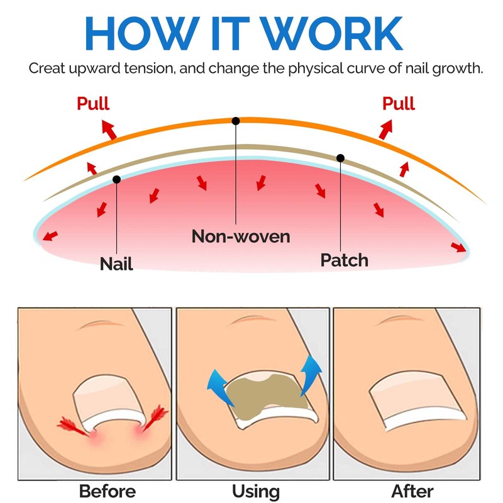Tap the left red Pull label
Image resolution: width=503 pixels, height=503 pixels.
(x=92, y=104)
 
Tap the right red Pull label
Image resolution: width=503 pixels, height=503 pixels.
(x=399, y=104)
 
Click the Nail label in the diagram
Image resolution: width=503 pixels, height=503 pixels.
(x=116, y=263)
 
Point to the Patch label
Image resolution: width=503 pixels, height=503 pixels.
(x=344, y=259)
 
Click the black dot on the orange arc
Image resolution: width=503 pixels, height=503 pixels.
(x=236, y=120)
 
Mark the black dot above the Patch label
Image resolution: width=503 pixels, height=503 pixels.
(x=340, y=158)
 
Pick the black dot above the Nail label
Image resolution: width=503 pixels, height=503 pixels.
(x=116, y=180)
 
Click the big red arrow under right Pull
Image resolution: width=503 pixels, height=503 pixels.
(x=385, y=130)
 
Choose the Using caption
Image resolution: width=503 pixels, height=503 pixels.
(x=255, y=490)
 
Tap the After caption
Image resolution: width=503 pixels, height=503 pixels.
(x=412, y=490)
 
